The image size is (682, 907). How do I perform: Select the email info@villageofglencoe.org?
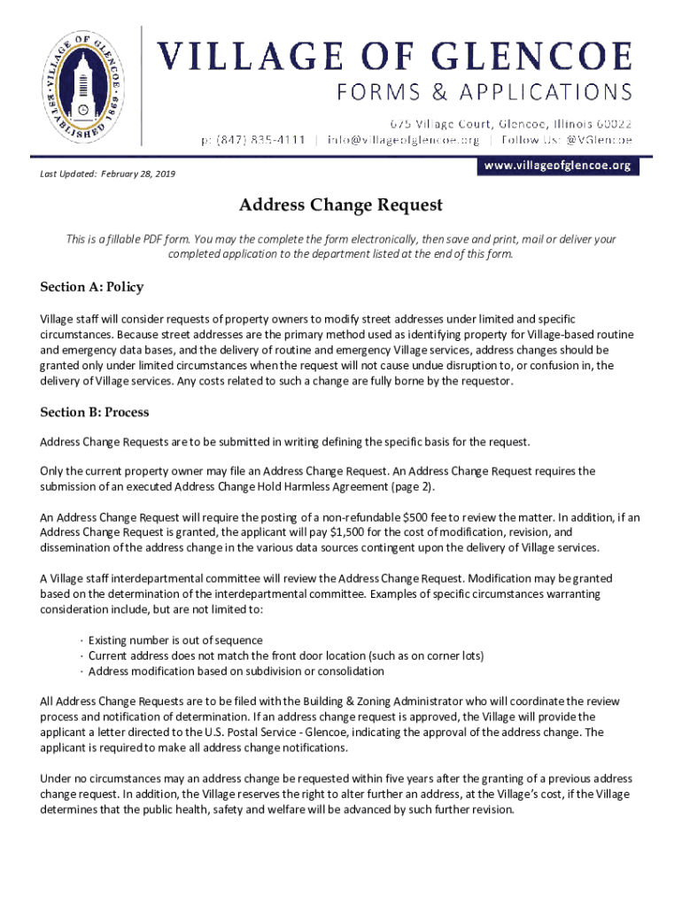403,140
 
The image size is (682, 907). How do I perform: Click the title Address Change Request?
340,205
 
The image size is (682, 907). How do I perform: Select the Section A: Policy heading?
91,287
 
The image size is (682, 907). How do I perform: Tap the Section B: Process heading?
95,412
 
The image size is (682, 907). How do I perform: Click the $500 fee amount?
416,518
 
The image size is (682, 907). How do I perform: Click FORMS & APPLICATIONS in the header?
484,92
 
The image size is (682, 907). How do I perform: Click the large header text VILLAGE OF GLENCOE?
395,57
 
